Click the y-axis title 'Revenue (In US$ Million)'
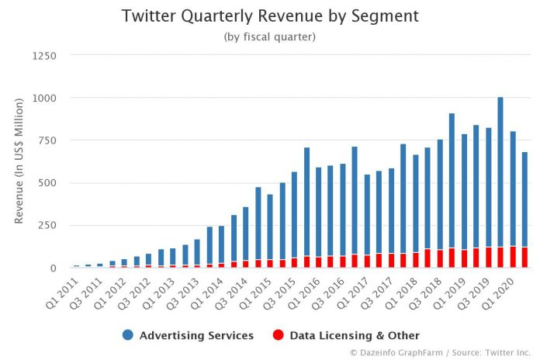pyautogui.click(x=19, y=161)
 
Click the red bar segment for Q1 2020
pyautogui.click(x=513, y=258)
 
